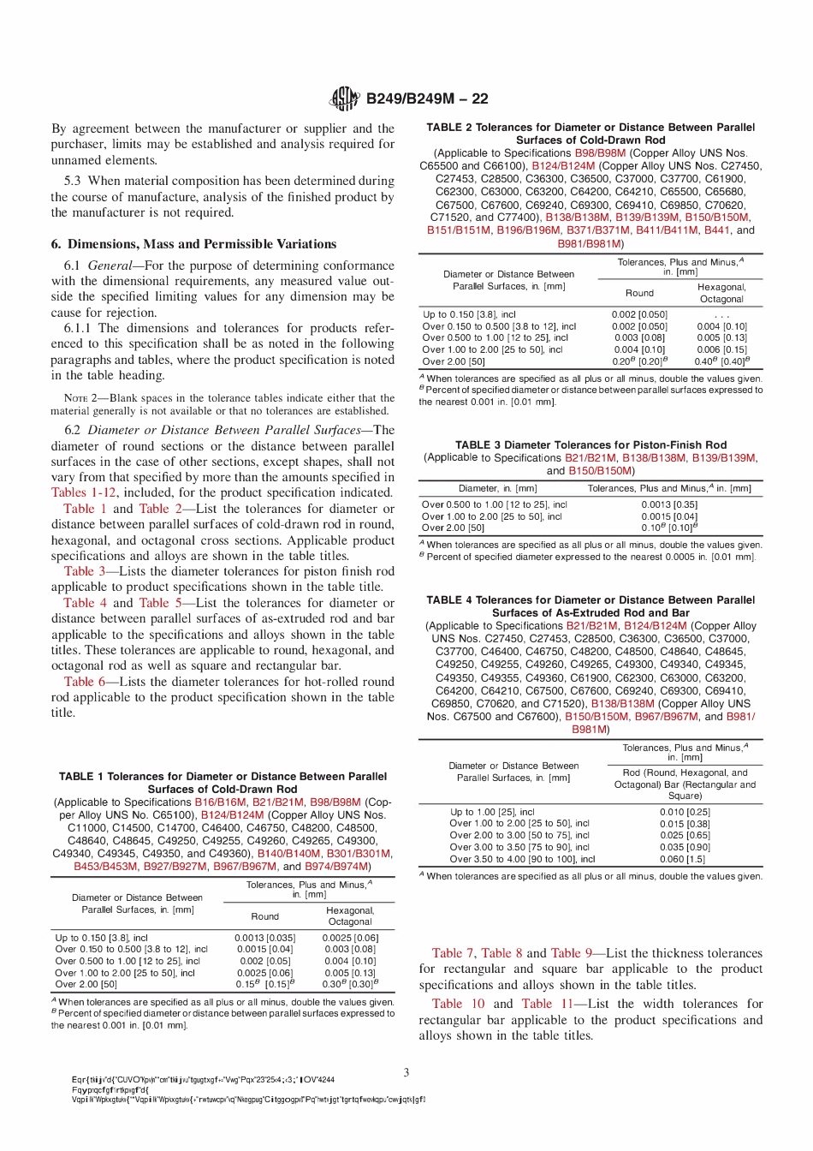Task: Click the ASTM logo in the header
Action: [344, 98]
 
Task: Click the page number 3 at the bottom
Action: [406, 1071]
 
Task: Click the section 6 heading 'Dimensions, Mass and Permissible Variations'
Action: [193, 244]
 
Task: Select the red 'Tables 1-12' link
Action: [83, 492]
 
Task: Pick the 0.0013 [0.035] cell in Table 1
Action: [264, 938]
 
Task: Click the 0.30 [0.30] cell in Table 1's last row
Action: [349, 984]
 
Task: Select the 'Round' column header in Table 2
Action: [639, 293]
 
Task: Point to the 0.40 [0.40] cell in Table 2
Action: [721, 361]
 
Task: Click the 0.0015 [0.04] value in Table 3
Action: [669, 516]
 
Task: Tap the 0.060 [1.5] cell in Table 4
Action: [685, 859]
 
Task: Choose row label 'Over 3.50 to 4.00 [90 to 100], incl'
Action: [522, 859]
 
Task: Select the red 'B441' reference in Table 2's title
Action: [717, 230]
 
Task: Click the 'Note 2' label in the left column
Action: [81, 398]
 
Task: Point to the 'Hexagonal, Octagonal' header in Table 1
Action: [349, 916]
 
